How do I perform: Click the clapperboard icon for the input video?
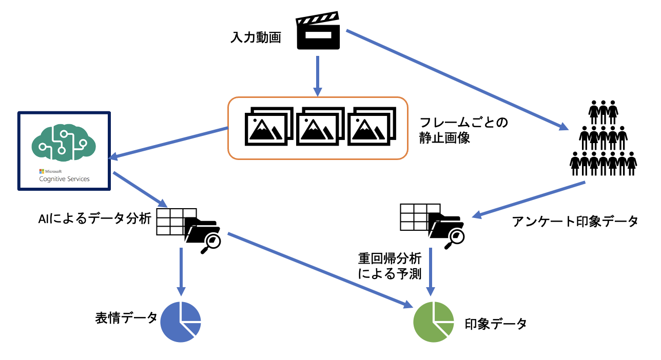click(318, 30)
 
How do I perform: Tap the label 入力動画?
click(256, 38)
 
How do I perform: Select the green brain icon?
click(64, 143)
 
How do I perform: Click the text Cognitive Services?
click(64, 179)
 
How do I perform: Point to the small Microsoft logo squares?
click(42, 171)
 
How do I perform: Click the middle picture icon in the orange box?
click(320, 126)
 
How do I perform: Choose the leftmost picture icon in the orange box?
click(269, 126)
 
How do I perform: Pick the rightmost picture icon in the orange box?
click(372, 126)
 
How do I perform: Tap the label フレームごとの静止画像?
click(463, 130)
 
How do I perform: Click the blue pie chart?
click(181, 322)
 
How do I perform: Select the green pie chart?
click(434, 322)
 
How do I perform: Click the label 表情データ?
click(126, 318)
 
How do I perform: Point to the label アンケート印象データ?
click(575, 222)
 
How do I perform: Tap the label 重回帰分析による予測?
click(390, 266)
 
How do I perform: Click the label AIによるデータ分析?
click(95, 219)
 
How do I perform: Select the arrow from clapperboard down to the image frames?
click(318, 76)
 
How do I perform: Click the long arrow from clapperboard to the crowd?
click(457, 80)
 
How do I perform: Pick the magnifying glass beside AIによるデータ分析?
click(210, 244)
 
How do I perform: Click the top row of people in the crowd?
click(603, 112)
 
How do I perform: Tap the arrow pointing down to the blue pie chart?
click(181, 272)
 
